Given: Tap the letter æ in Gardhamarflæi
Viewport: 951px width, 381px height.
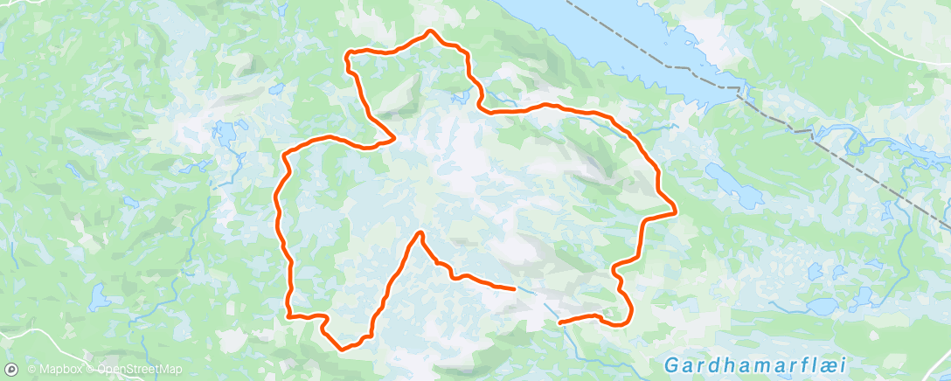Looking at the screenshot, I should pyautogui.click(x=809, y=363).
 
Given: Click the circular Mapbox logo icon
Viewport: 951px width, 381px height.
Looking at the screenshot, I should pyautogui.click(x=11, y=370).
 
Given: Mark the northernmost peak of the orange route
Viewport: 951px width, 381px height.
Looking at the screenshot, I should pyautogui.click(x=430, y=32).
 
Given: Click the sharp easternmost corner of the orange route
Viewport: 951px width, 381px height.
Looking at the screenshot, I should pyautogui.click(x=676, y=211).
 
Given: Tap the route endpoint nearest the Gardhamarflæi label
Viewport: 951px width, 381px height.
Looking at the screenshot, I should pyautogui.click(x=559, y=322).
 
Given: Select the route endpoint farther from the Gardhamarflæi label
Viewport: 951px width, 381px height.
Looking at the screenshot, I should pyautogui.click(x=512, y=287).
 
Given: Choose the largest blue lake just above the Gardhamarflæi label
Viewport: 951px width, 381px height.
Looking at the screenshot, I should pyautogui.click(x=822, y=306).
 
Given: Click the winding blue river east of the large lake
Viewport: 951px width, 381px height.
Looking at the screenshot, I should pyautogui.click(x=865, y=140).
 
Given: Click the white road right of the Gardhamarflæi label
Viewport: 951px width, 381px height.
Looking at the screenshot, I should pyautogui.click(x=935, y=360).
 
